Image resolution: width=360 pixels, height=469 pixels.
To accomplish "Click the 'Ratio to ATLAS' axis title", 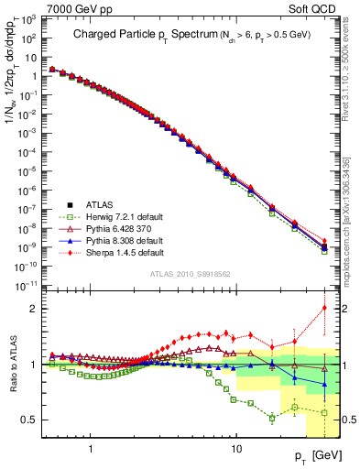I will [11, 363].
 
